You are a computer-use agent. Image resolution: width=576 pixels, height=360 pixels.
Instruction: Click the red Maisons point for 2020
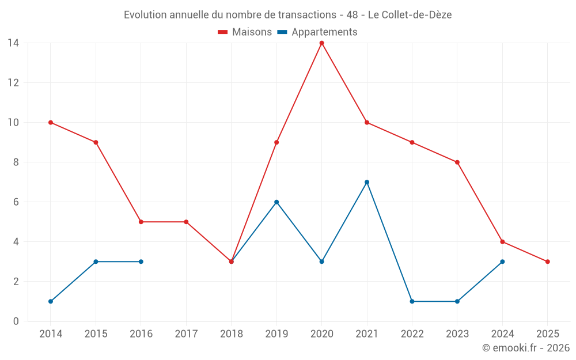[321, 43]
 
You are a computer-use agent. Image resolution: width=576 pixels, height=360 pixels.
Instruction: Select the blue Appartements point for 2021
[367, 182]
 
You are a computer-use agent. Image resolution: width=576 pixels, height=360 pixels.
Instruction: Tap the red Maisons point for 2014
[51, 122]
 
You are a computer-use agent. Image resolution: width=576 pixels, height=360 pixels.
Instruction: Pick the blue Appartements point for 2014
[51, 301]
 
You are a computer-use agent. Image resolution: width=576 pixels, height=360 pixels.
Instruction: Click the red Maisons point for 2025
[547, 262]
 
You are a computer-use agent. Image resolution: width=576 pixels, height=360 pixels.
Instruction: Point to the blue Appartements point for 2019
[276, 202]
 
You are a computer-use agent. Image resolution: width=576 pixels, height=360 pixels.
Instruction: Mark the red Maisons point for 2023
[457, 162]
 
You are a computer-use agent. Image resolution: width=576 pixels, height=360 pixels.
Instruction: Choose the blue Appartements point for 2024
[502, 262]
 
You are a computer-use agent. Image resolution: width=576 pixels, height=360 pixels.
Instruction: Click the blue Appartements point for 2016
[141, 262]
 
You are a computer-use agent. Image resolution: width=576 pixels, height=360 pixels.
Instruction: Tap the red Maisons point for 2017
[186, 222]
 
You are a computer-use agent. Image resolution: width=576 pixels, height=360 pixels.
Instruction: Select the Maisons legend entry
[245, 32]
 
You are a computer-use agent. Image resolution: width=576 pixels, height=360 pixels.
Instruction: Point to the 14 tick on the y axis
[13, 43]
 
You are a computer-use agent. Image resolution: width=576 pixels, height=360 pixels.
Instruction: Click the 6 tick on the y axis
[16, 202]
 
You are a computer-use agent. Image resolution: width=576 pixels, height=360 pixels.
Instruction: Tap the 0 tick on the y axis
[16, 321]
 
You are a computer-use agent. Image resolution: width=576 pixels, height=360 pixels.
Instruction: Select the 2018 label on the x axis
[232, 334]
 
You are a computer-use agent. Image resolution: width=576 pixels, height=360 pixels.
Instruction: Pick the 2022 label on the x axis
[412, 334]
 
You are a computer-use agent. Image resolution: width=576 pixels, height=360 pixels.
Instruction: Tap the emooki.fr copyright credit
[526, 348]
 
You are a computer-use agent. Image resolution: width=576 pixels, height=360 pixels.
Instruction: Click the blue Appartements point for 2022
[412, 301]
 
